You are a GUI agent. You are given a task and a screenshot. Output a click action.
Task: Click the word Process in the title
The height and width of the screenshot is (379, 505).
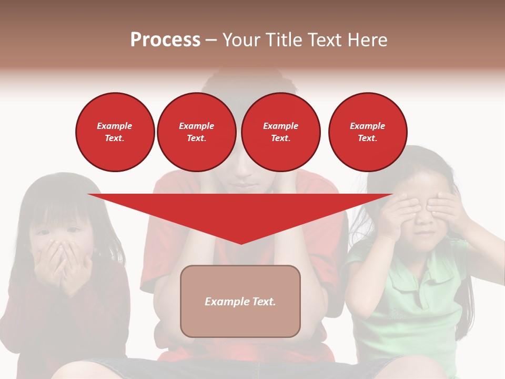tap(165, 40)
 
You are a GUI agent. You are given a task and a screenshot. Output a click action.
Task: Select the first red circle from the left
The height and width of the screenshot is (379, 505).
tap(115, 132)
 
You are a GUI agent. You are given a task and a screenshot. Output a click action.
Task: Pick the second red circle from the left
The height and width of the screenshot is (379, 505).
tap(197, 132)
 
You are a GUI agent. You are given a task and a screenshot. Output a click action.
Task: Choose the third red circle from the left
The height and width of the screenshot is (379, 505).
tap(281, 132)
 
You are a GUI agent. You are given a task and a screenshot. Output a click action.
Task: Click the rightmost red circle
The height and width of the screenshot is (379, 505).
tap(368, 132)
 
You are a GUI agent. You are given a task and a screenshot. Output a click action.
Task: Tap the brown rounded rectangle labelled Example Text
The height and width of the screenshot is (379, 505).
tap(240, 301)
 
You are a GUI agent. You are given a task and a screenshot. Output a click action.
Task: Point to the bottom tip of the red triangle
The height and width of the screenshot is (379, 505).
tap(241, 243)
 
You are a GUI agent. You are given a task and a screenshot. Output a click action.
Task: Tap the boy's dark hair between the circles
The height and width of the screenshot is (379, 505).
tap(238, 84)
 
